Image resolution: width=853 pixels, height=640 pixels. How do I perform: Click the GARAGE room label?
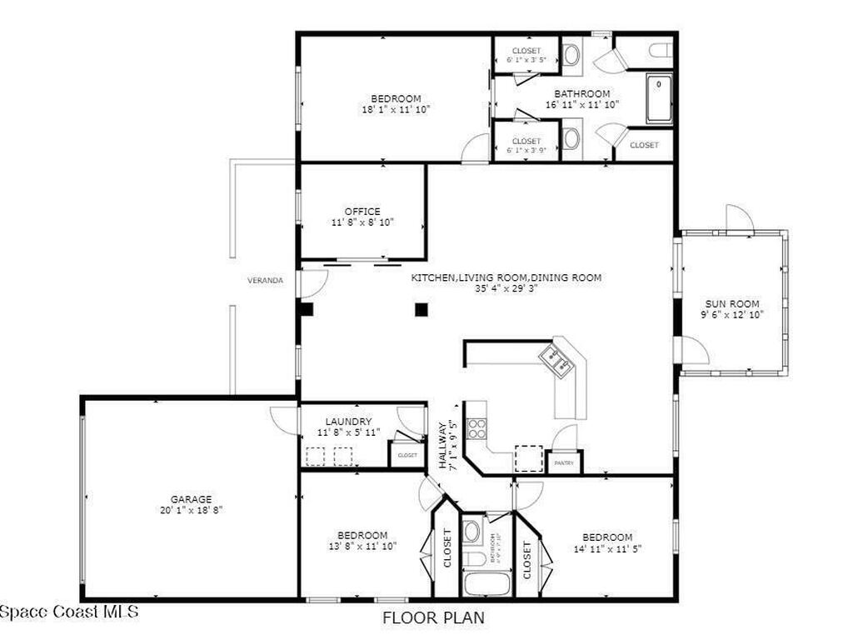pyautogui.click(x=192, y=499)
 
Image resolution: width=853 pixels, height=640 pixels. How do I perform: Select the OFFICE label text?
pyautogui.click(x=362, y=212)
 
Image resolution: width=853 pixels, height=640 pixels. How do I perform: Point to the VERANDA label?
pyautogui.click(x=265, y=281)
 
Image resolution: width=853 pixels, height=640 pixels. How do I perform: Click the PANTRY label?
pyautogui.click(x=564, y=463)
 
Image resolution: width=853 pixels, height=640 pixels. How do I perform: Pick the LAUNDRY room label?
pyautogui.click(x=349, y=422)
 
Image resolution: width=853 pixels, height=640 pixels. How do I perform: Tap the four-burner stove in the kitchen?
pyautogui.click(x=477, y=428)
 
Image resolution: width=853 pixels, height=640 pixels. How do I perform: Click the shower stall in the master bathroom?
pyautogui.click(x=659, y=98)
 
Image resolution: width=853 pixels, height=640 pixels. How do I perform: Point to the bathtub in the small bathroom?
pyautogui.click(x=486, y=583)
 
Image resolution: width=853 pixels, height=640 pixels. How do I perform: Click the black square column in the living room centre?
pyautogui.click(x=422, y=310)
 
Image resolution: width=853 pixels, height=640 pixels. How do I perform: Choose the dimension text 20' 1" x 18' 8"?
pyautogui.click(x=192, y=510)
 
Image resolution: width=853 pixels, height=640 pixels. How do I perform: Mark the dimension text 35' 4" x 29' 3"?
pyautogui.click(x=506, y=289)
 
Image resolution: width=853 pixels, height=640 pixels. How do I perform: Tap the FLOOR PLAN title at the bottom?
pyautogui.click(x=433, y=618)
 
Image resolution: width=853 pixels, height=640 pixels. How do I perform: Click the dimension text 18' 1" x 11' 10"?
pyautogui.click(x=396, y=109)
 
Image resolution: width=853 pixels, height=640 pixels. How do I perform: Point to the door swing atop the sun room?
pyautogui.click(x=739, y=218)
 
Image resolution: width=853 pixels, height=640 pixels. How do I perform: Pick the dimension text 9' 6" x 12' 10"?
pyautogui.click(x=732, y=315)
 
